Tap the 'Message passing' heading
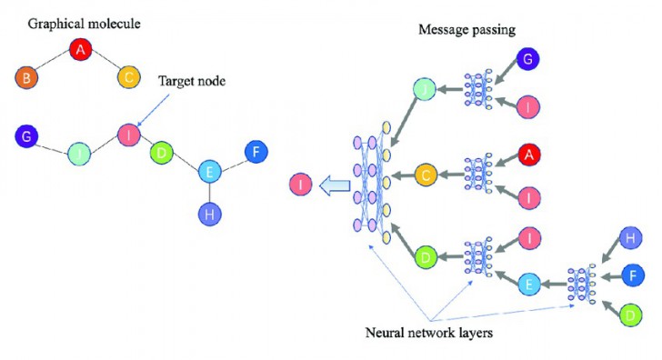pyautogui.click(x=466, y=29)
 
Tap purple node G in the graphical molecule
pyautogui.click(x=28, y=137)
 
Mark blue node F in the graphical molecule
pyautogui.click(x=257, y=152)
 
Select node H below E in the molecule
pyautogui.click(x=210, y=215)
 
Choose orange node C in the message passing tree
pyautogui.click(x=427, y=174)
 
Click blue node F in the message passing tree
pyautogui.click(x=633, y=272)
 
